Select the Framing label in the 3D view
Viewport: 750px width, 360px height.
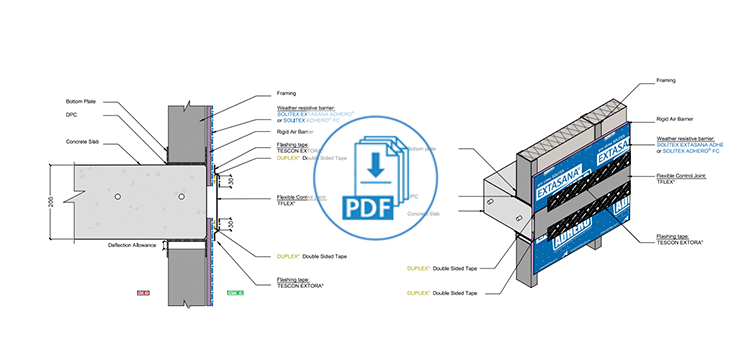(x=668, y=80)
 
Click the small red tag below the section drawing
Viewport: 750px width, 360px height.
(x=142, y=292)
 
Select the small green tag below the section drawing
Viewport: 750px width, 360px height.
(x=236, y=292)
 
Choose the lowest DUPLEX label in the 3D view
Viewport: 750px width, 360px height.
(x=441, y=293)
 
